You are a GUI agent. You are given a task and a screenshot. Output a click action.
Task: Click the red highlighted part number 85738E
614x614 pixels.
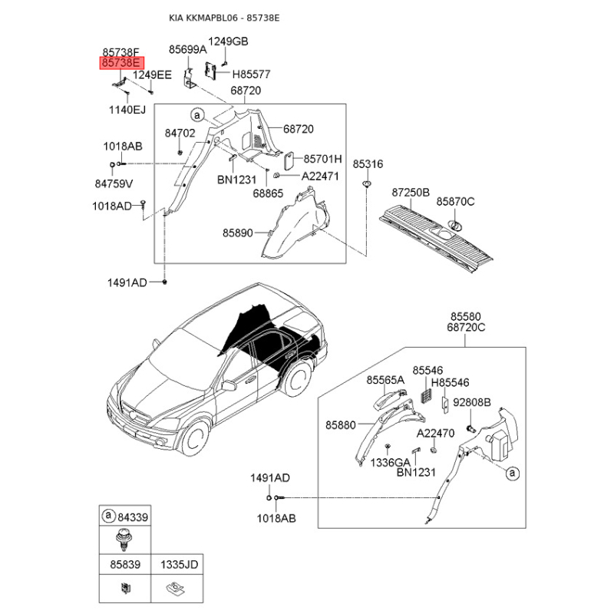pos(122,63)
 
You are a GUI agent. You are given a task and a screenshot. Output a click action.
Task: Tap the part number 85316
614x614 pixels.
pos(368,164)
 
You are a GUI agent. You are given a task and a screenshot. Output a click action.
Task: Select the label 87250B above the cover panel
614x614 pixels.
pos(411,193)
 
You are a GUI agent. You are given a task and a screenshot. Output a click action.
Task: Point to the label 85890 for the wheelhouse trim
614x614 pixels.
pos(238,233)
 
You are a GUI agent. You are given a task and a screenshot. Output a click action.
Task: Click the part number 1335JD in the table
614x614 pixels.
pos(180,565)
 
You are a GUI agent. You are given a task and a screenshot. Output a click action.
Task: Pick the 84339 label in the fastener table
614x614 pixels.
pos(133,517)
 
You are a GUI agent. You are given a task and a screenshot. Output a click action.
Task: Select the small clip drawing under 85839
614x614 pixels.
pos(126,588)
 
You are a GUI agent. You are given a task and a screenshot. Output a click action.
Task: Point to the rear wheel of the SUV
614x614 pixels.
pos(298,378)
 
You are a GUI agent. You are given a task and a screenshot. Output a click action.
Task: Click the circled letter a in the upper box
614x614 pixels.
pos(197,115)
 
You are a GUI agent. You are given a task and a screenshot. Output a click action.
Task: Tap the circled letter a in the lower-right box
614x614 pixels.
pos(513,474)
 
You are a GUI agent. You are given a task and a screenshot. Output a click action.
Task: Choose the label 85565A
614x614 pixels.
pos(385,380)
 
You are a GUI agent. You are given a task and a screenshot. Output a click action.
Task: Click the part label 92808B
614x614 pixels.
pos(472,402)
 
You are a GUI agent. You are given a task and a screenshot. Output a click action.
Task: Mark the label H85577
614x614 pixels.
pos(252,74)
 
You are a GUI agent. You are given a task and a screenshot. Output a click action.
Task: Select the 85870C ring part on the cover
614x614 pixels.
pos(455,226)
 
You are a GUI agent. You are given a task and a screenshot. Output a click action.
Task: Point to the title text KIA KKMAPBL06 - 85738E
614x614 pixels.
pos(224,18)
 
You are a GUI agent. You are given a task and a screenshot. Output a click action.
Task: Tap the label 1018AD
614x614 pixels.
pos(112,206)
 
